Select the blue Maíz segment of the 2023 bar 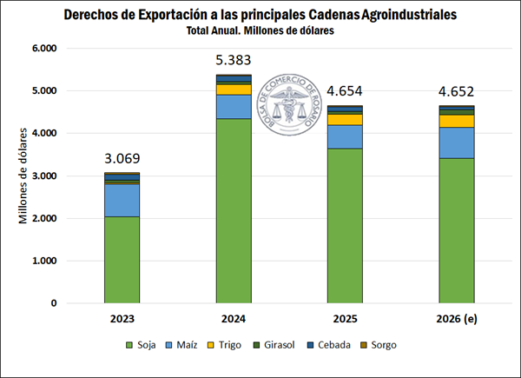(122, 200)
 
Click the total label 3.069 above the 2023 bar (122, 159)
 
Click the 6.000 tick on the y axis (43, 49)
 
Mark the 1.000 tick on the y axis (43, 262)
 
